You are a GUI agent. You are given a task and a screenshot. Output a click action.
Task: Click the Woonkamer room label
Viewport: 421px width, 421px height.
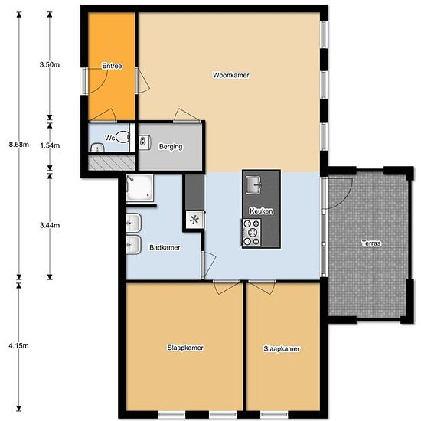pyautogui.click(x=231, y=75)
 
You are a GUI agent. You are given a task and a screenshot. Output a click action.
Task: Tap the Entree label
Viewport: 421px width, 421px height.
pyautogui.click(x=112, y=66)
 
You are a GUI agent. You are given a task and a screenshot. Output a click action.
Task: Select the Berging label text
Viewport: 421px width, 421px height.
pyautogui.click(x=171, y=147)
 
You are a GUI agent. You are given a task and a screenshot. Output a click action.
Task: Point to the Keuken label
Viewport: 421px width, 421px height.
pyautogui.click(x=261, y=211)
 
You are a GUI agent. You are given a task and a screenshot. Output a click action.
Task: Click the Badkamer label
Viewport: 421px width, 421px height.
pyautogui.click(x=165, y=247)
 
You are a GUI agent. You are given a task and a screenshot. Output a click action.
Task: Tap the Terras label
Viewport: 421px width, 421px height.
pyautogui.click(x=371, y=243)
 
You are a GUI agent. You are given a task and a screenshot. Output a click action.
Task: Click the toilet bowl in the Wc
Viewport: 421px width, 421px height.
pyautogui.click(x=122, y=137)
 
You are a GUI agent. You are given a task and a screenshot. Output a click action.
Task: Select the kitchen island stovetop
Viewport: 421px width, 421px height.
pyautogui.click(x=252, y=233)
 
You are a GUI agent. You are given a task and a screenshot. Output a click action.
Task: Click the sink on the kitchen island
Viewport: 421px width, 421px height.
pyautogui.click(x=253, y=184)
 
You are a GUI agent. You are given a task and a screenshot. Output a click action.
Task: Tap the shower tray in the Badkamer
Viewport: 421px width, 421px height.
pyautogui.click(x=139, y=188)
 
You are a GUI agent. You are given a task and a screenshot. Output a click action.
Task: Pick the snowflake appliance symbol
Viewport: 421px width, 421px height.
pyautogui.click(x=194, y=220)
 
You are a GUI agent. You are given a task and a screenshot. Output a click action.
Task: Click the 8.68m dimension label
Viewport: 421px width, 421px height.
pyautogui.click(x=19, y=145)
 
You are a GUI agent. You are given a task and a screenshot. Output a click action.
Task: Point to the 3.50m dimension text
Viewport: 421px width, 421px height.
pyautogui.click(x=50, y=65)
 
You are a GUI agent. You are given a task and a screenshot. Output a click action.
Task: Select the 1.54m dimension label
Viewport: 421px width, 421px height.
pyautogui.click(x=50, y=145)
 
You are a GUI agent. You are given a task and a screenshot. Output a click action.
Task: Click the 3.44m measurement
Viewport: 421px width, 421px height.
pyautogui.click(x=50, y=225)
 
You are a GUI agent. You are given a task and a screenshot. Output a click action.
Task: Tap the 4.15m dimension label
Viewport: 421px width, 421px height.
pyautogui.click(x=18, y=346)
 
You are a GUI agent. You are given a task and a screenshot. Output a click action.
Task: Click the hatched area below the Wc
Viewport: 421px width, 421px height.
pyautogui.click(x=112, y=163)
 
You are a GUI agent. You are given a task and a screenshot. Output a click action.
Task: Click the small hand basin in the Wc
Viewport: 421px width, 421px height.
pyautogui.click(x=97, y=148)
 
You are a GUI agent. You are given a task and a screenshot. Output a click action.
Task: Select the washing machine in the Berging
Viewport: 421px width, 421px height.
pyautogui.click(x=145, y=142)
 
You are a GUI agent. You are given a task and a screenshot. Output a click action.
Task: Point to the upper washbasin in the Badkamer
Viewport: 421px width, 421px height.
pyautogui.click(x=133, y=223)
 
